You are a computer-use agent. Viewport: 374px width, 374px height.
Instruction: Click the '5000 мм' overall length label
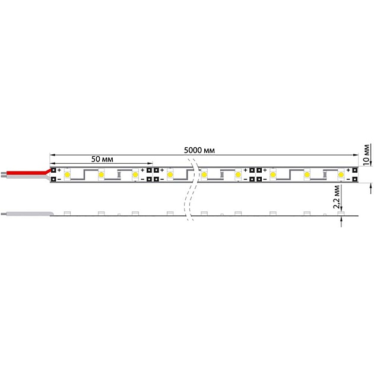[x=199, y=150]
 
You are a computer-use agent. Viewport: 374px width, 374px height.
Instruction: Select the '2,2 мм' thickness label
[x=337, y=195]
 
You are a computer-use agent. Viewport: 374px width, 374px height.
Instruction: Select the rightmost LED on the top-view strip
[x=341, y=175]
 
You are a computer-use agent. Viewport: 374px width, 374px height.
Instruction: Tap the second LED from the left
[x=102, y=175]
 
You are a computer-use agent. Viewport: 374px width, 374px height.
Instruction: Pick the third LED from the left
[x=135, y=175]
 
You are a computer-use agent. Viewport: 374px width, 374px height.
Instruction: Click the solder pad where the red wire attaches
[x=53, y=170]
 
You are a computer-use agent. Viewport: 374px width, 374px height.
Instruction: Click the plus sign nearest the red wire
[x=60, y=170]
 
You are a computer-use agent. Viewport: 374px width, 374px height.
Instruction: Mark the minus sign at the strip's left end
[x=60, y=179]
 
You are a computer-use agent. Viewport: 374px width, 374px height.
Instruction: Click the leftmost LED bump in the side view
[x=67, y=213]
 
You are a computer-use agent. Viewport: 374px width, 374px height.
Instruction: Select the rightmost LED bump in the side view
[x=341, y=213]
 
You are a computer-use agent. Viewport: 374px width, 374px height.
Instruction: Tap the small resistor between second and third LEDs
[x=119, y=176]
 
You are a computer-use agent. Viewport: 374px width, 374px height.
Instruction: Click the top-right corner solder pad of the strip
[x=354, y=170]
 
